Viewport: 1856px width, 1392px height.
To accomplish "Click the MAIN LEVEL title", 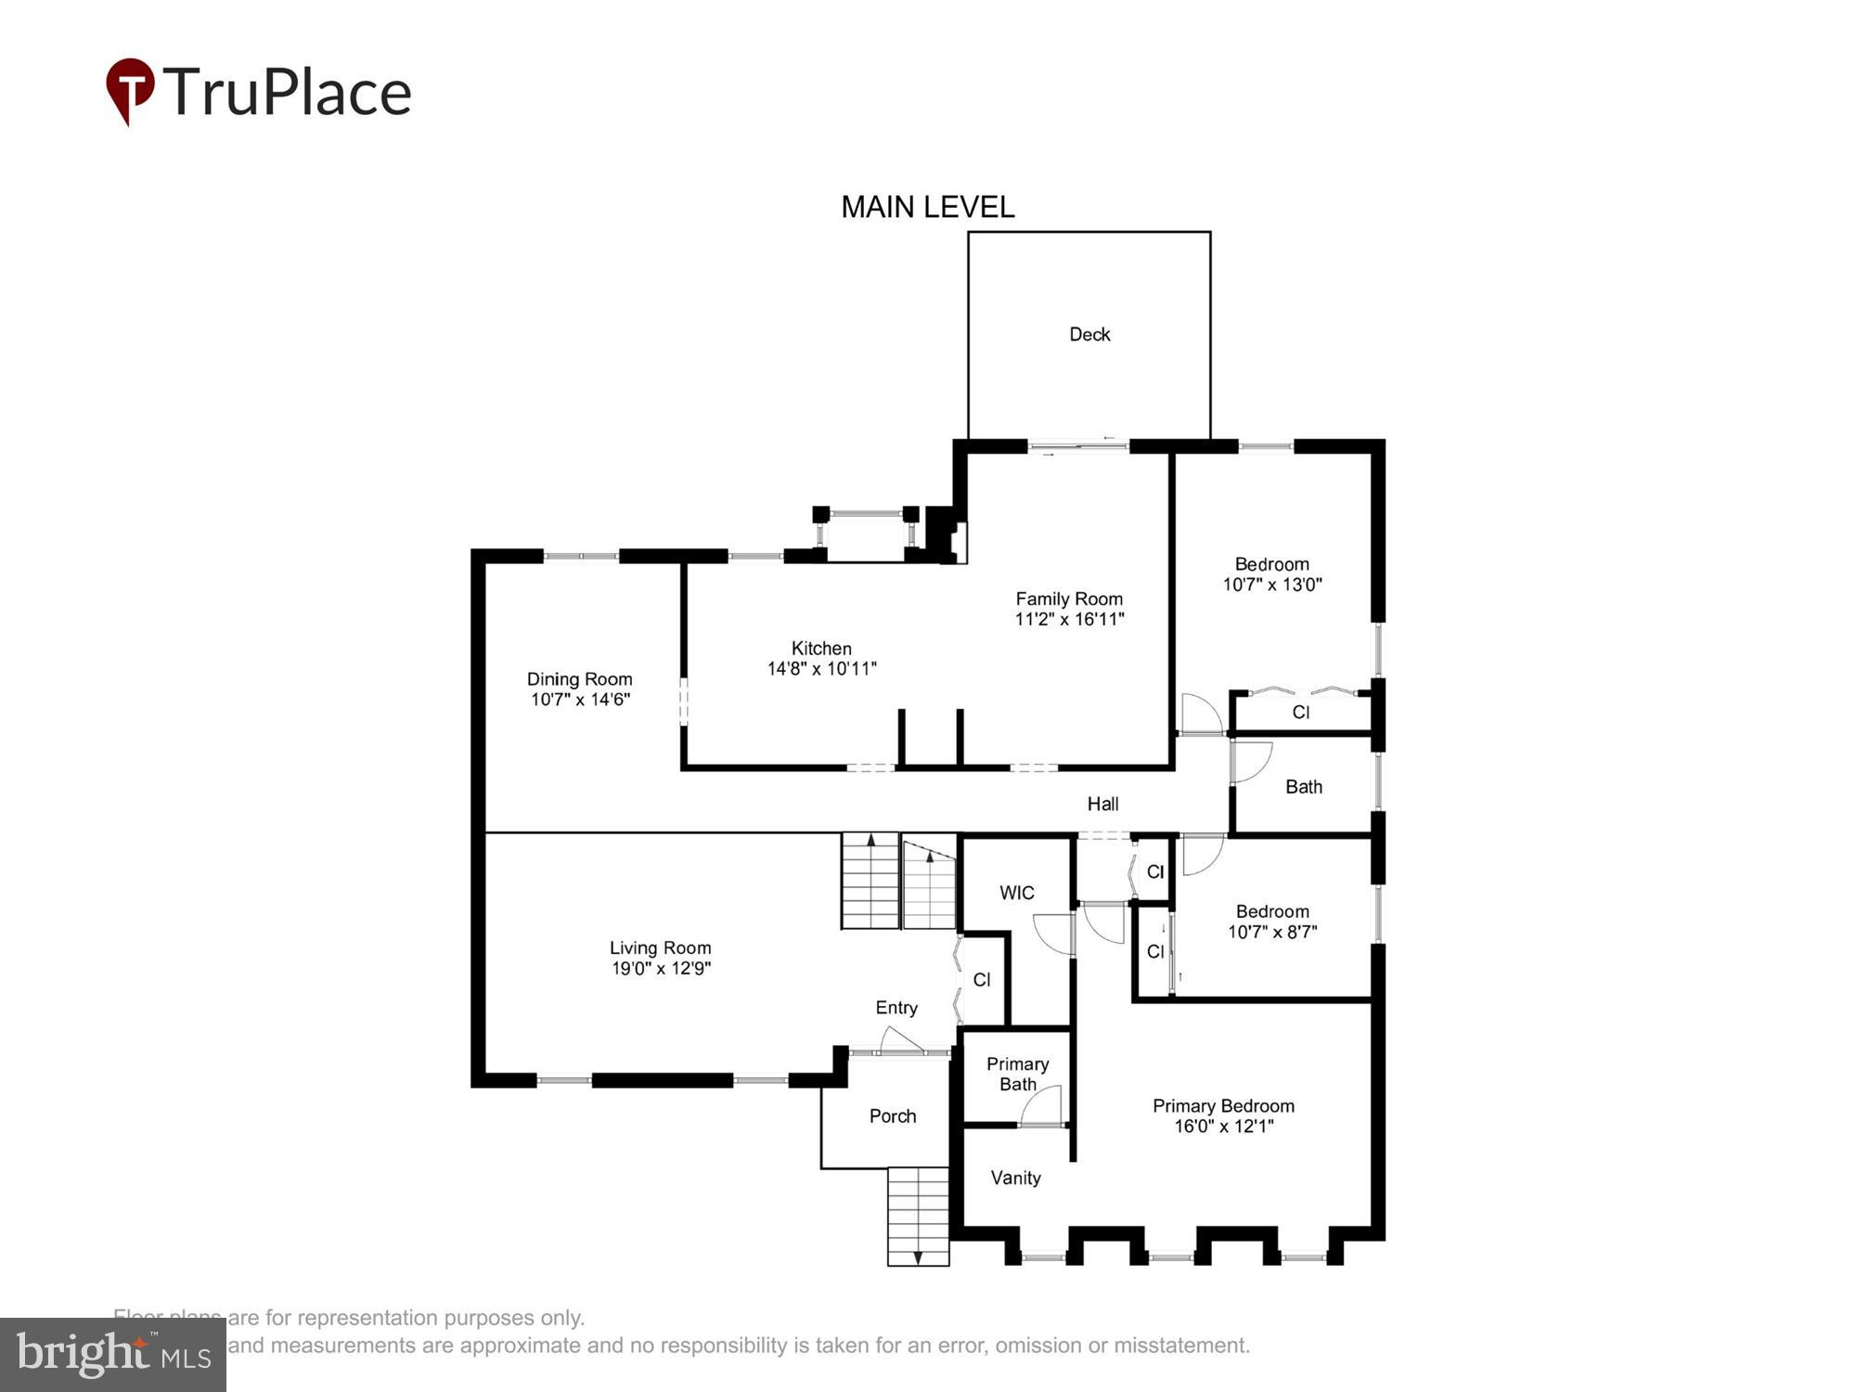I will (927, 207).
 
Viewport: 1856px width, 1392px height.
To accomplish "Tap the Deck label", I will (1089, 334).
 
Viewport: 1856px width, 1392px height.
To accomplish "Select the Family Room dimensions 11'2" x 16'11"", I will (1069, 619).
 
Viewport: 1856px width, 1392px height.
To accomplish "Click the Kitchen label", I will (821, 649).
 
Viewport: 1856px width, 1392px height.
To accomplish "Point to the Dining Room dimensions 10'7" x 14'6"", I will (580, 700).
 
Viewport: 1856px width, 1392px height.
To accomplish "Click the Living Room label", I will (660, 947).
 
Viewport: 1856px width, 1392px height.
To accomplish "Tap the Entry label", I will (896, 1008).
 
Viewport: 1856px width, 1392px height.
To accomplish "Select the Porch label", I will (893, 1116).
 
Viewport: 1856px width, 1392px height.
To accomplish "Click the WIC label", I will (1016, 893).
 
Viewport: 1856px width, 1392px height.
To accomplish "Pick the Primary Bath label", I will (1017, 1074).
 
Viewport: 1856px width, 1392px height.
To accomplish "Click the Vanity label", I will (1015, 1178).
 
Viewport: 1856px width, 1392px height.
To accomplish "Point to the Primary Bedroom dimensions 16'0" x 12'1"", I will (1223, 1127).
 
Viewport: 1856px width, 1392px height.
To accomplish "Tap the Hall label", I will (1102, 804).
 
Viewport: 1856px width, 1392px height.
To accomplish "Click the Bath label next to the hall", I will (1303, 787).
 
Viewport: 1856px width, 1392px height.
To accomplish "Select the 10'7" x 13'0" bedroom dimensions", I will (1271, 585).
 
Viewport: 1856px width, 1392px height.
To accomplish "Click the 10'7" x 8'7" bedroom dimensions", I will (1271, 932).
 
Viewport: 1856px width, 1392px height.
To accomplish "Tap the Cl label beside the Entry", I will (982, 980).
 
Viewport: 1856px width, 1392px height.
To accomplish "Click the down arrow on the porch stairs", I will (918, 1257).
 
